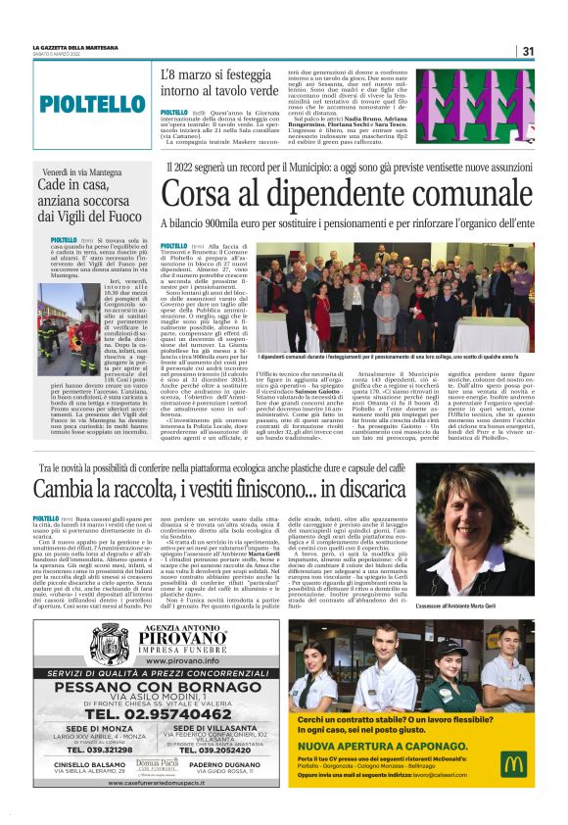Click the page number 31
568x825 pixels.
click(x=527, y=51)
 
